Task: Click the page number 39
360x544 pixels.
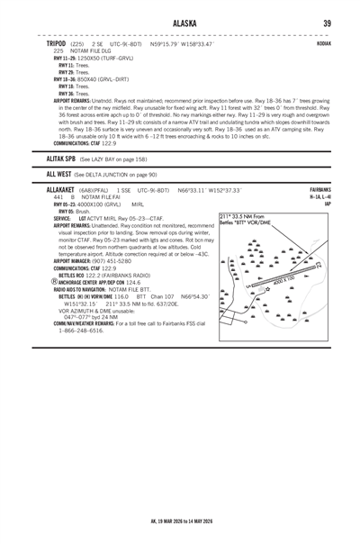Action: (x=328, y=23)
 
